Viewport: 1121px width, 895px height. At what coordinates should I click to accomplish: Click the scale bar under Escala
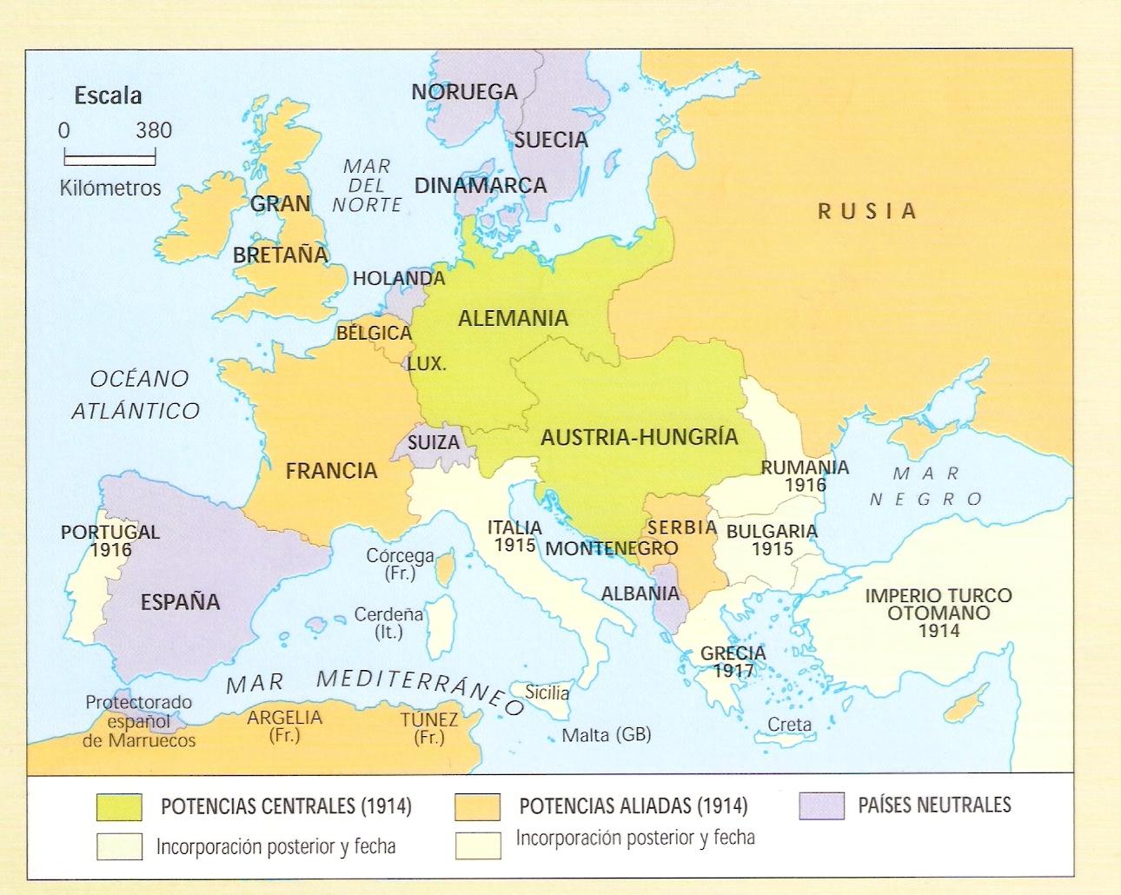[109, 159]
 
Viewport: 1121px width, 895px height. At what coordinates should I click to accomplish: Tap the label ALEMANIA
[513, 318]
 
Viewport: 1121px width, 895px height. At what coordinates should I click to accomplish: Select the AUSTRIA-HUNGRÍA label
[639, 437]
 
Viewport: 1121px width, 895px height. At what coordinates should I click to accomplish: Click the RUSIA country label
[867, 211]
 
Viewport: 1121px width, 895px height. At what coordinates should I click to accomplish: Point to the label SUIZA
[433, 442]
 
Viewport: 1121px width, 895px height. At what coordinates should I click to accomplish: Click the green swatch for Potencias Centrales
[119, 806]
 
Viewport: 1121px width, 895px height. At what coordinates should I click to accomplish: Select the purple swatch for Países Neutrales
[821, 805]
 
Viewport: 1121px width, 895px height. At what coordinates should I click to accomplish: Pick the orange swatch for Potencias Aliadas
[477, 806]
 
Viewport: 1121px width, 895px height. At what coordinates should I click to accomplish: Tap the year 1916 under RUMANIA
[805, 484]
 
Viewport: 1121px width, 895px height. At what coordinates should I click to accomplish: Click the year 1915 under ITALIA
[515, 545]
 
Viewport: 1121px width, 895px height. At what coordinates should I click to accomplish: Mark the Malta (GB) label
[607, 734]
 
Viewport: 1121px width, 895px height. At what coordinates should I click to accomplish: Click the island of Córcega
[444, 570]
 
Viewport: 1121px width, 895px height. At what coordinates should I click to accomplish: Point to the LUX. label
[426, 363]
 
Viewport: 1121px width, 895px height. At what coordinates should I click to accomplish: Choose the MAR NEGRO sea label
[925, 487]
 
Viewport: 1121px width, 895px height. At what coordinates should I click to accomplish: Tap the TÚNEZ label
[429, 720]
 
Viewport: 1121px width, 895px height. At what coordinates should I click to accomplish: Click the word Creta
[789, 724]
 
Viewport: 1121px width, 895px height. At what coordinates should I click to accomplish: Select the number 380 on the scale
[154, 130]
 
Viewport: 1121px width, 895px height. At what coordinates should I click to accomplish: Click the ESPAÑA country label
[180, 601]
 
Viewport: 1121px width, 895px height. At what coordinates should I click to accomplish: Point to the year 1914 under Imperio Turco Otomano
[939, 631]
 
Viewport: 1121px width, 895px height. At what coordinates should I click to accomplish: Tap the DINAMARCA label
[481, 185]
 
